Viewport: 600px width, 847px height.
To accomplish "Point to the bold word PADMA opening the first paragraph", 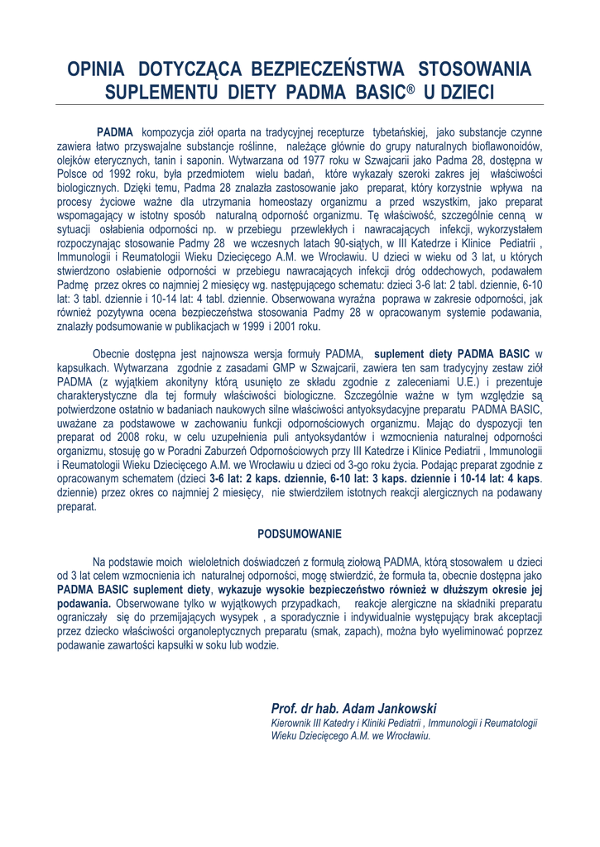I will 115,132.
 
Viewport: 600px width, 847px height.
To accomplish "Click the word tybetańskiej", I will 399,132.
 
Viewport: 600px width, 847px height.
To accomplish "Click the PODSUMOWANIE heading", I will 300,534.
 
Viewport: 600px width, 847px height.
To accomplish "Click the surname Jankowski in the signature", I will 406,709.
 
